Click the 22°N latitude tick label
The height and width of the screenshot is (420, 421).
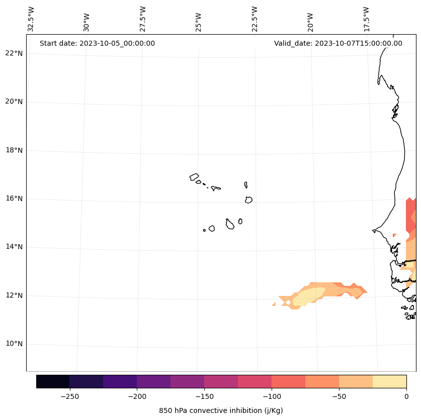point(14,53)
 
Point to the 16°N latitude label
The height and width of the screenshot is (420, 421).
point(14,198)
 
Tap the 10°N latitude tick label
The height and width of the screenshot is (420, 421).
point(14,344)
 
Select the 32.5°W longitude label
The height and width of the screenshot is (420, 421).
point(31,19)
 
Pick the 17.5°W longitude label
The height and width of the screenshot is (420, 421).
point(367,19)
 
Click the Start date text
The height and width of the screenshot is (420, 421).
point(97,43)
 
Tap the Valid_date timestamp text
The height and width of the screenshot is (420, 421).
point(338,43)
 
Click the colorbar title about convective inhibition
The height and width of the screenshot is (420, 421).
point(221,410)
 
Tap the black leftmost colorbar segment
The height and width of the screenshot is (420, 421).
point(53,381)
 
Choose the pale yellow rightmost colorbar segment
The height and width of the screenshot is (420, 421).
point(389,381)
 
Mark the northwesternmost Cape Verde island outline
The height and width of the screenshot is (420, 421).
point(194,177)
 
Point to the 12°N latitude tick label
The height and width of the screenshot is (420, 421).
point(14,295)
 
